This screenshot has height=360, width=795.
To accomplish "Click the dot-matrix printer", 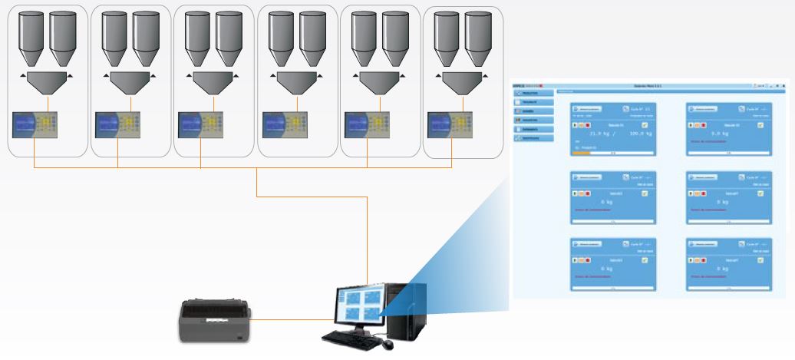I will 215,322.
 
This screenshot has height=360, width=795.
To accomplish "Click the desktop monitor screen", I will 357,306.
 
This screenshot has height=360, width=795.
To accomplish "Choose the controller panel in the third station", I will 202,124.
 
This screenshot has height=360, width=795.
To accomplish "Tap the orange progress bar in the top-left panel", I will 583,153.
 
